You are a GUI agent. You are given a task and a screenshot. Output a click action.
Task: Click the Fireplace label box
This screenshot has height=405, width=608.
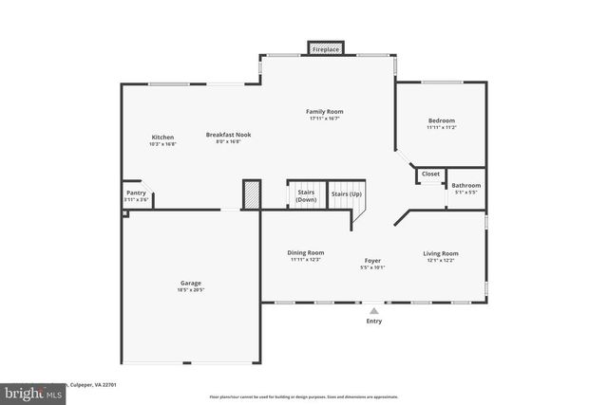click(325, 48)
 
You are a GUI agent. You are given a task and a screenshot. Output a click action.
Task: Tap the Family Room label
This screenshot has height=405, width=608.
click(324, 112)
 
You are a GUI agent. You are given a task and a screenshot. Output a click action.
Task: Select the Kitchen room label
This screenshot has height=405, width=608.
click(162, 138)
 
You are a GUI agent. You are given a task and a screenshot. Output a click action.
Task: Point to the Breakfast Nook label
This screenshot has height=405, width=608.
click(228, 135)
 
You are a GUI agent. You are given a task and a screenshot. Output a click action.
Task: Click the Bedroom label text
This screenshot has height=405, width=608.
click(441, 120)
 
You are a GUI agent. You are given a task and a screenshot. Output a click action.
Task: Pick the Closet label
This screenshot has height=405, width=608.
click(430, 175)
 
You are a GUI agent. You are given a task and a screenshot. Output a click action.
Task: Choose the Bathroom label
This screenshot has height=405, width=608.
click(465, 186)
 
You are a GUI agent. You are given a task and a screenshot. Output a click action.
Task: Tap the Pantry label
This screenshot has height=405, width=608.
click(136, 193)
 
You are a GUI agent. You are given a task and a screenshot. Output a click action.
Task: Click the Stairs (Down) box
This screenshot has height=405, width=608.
click(306, 195)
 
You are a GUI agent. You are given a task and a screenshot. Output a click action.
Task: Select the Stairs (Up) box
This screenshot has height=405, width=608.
click(346, 194)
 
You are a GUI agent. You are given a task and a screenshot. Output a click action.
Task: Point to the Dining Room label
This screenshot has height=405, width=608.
click(306, 252)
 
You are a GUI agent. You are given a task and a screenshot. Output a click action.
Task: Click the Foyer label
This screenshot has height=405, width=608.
click(372, 260)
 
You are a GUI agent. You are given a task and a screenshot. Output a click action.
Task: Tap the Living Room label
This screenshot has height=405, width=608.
click(441, 253)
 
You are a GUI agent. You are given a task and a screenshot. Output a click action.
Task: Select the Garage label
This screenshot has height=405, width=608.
click(191, 283)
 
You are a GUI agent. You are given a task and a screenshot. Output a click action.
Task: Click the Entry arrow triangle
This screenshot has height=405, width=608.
click(374, 309)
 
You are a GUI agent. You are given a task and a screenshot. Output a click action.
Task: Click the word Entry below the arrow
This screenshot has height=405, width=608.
click(374, 322)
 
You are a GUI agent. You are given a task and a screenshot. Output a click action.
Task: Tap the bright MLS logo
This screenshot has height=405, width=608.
click(28, 391)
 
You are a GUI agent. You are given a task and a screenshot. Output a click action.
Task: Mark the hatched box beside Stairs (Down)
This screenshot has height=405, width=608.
click(252, 194)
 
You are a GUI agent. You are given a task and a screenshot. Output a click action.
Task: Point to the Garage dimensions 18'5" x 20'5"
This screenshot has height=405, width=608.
click(191, 290)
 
